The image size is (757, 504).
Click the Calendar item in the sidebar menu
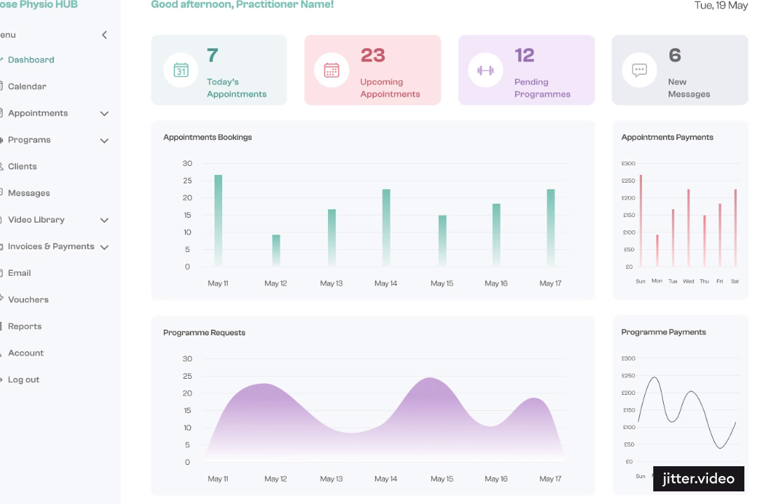click(x=27, y=87)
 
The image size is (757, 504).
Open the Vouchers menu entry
click(x=28, y=300)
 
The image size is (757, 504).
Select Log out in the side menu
click(x=23, y=379)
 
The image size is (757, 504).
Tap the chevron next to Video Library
click(x=104, y=220)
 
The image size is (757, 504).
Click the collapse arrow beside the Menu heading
click(x=104, y=35)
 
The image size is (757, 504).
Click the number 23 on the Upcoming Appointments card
click(x=373, y=55)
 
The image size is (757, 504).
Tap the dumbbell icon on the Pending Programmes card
click(x=485, y=70)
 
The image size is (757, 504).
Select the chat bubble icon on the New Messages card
click(x=639, y=70)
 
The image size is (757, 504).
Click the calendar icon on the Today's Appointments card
click(x=181, y=70)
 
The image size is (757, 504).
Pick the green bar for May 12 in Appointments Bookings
click(x=276, y=250)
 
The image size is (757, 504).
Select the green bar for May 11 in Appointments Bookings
click(x=218, y=220)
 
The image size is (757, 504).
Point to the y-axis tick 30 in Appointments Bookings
click(x=187, y=163)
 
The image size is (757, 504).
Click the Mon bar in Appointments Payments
click(x=657, y=250)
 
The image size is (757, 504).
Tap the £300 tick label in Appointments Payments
click(x=628, y=164)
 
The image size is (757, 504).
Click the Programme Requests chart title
click(x=204, y=332)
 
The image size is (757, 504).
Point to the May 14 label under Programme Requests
click(x=386, y=479)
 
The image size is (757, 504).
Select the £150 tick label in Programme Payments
click(x=628, y=410)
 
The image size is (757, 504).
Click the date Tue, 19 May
click(x=721, y=6)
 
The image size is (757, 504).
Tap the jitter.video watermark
click(x=698, y=479)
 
